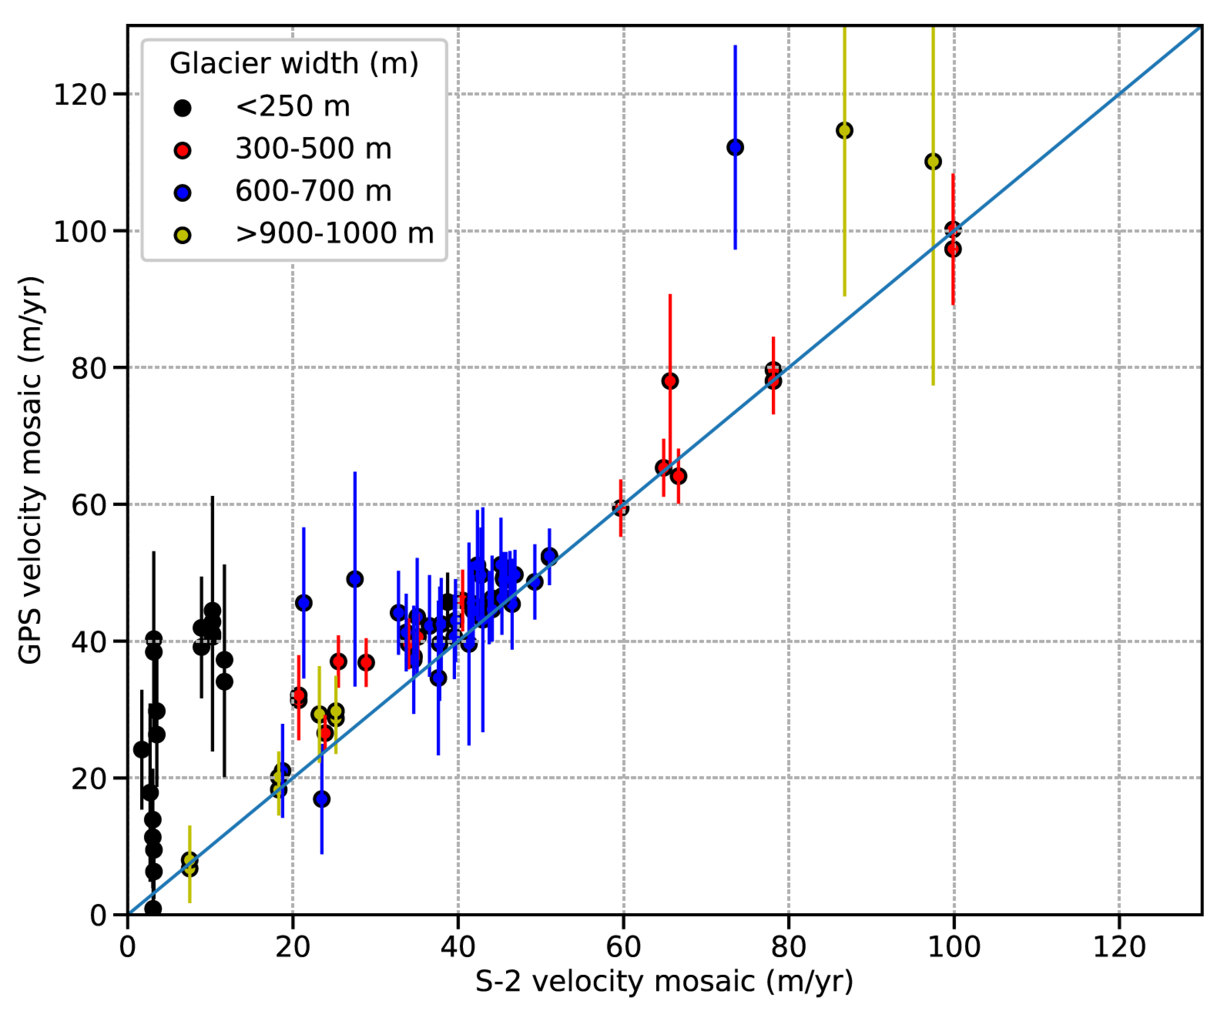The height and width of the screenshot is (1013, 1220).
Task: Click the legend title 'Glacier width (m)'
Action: pos(294,63)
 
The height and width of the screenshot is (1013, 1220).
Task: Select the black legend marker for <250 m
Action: pos(182,108)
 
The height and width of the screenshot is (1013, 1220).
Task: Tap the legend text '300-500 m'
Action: pos(313,149)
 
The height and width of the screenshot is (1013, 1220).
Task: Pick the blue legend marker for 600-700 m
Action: pos(182,193)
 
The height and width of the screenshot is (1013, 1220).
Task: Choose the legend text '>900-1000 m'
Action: pos(334,233)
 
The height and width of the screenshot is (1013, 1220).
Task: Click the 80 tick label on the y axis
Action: pos(88,368)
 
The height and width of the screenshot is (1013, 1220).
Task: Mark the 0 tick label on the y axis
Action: pos(98,916)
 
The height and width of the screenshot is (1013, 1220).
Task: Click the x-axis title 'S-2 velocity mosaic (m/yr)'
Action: pos(664,982)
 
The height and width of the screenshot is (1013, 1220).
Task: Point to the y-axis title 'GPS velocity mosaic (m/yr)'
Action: pos(30,471)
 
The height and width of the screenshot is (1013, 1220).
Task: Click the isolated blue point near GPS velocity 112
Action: pos(735,148)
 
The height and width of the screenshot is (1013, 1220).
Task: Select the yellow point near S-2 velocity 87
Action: pos(844,131)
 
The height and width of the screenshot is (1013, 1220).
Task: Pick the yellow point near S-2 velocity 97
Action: pos(932,161)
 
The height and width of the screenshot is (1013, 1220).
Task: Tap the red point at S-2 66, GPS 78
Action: pos(670,381)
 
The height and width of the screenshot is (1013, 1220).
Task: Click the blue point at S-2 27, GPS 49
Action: pos(355,579)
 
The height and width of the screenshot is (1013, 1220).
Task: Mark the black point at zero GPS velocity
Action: pos(153,909)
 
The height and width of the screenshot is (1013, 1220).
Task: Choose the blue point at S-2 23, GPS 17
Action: pos(322,799)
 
